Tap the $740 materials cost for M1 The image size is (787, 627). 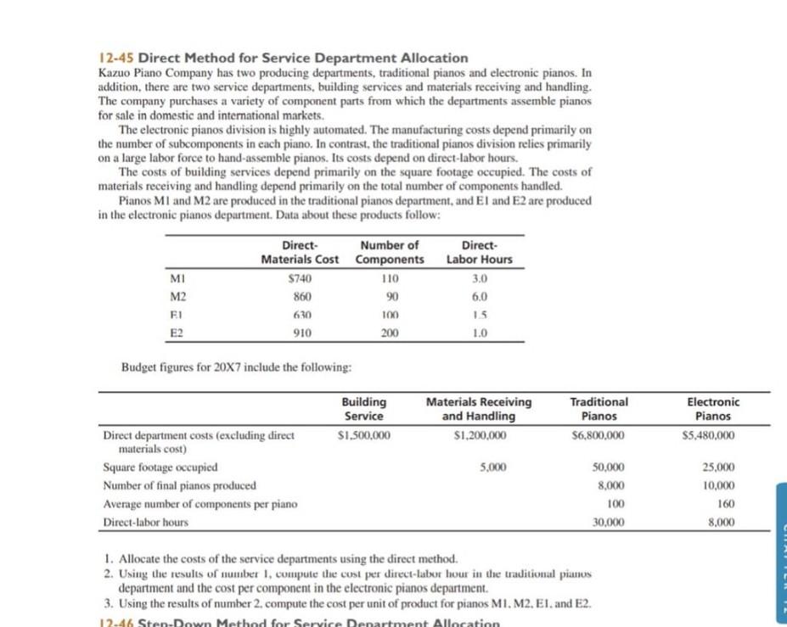(301, 277)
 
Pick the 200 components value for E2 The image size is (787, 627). (390, 333)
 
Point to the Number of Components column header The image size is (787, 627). (390, 252)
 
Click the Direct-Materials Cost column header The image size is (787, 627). (300, 252)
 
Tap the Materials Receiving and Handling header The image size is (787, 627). (479, 408)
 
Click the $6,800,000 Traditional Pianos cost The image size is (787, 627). (599, 436)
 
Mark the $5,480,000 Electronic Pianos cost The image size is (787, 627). (709, 436)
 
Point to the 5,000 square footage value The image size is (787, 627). (493, 467)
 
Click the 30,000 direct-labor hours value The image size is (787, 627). (608, 522)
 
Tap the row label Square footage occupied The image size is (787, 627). (160, 467)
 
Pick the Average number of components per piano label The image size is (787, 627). (200, 504)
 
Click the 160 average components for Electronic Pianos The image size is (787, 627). (726, 504)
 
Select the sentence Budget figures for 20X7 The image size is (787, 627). (237, 367)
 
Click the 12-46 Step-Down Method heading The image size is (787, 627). (297, 622)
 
